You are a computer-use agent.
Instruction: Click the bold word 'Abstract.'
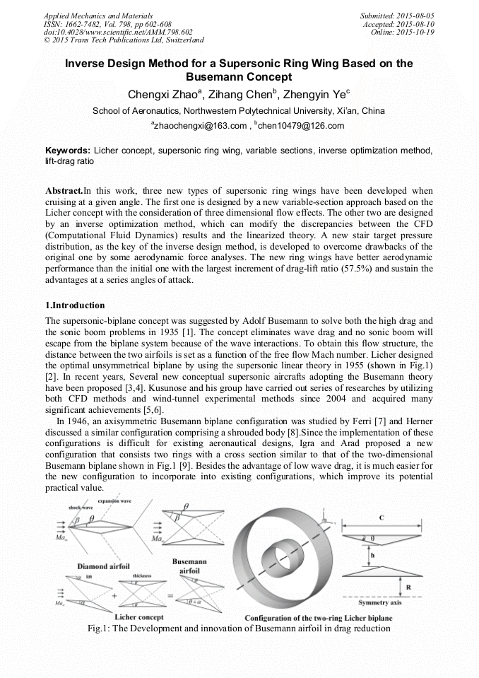click(64, 191)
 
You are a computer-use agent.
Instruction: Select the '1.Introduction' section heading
click(75, 305)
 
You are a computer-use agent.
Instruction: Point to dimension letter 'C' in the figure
click(382, 518)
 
